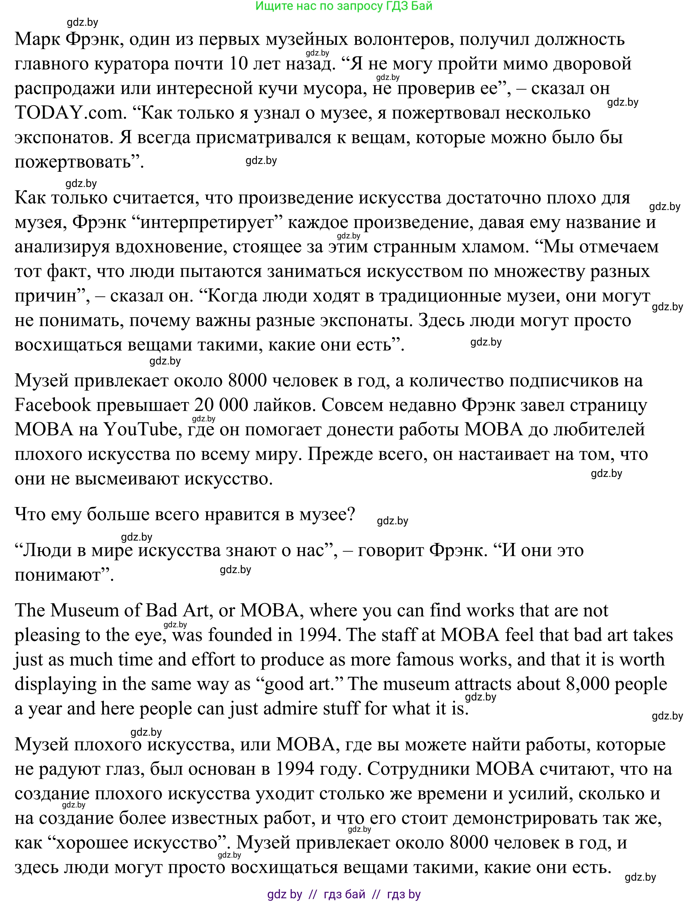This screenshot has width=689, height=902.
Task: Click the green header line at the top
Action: click(344, 6)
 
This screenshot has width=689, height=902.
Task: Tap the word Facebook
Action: click(52, 405)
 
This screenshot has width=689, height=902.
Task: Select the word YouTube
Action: click(140, 429)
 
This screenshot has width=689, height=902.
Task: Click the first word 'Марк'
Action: click(37, 39)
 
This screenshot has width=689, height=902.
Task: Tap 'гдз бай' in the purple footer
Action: click(345, 894)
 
